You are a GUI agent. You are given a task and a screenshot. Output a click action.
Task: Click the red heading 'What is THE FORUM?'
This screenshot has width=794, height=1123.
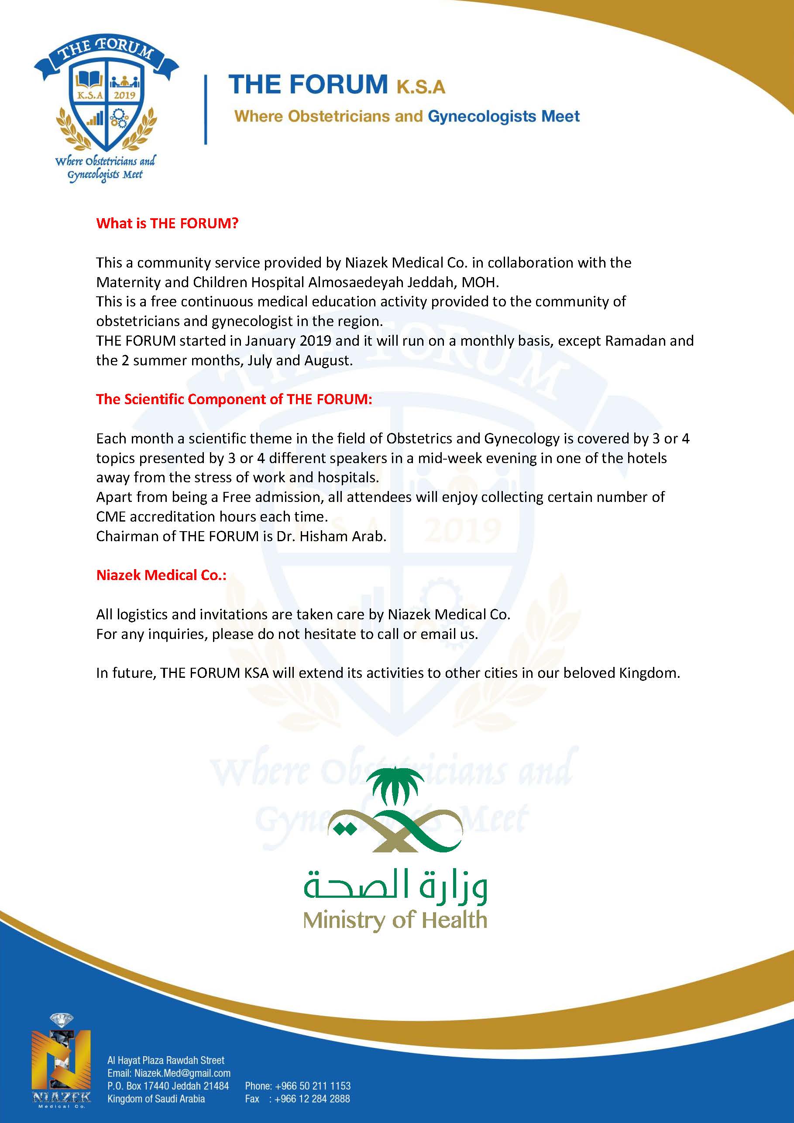click(x=167, y=223)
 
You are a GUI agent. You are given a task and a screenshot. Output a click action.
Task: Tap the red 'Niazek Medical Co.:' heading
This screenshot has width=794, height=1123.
click(x=161, y=575)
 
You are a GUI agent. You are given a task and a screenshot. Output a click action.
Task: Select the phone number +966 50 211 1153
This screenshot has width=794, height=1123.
click(x=313, y=1086)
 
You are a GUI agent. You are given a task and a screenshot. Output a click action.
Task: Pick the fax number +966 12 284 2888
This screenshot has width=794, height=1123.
click(x=313, y=1099)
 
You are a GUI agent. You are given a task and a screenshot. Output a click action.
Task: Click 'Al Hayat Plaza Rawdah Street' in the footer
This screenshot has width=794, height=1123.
click(x=166, y=1061)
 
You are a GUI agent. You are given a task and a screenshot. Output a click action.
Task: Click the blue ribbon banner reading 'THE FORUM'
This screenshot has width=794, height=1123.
click(x=106, y=54)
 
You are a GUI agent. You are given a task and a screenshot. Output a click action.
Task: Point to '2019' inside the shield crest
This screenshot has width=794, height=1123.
click(x=124, y=95)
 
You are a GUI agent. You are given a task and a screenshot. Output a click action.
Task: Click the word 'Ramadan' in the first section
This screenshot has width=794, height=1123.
click(x=636, y=341)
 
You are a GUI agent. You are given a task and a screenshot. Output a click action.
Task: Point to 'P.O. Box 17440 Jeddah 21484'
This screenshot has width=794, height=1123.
click(x=168, y=1086)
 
